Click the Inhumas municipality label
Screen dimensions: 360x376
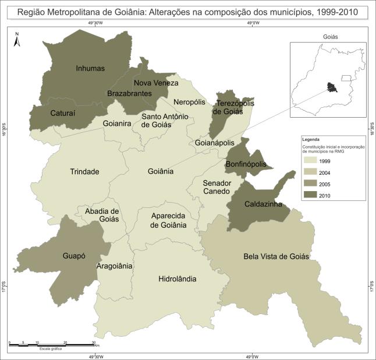(x=90, y=68)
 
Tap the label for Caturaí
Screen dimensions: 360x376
(x=61, y=112)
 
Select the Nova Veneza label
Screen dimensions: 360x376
(x=156, y=83)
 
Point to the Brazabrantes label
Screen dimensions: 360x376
(x=129, y=93)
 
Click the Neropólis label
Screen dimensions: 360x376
(x=190, y=101)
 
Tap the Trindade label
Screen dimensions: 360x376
(x=84, y=171)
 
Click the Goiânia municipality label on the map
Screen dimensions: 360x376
(x=161, y=171)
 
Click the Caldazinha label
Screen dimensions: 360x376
(x=256, y=204)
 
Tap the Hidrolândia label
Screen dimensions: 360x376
(x=177, y=279)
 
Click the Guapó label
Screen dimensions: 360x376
(x=75, y=255)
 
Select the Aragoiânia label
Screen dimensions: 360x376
(x=115, y=266)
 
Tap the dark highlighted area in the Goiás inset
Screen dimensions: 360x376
(x=332, y=87)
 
